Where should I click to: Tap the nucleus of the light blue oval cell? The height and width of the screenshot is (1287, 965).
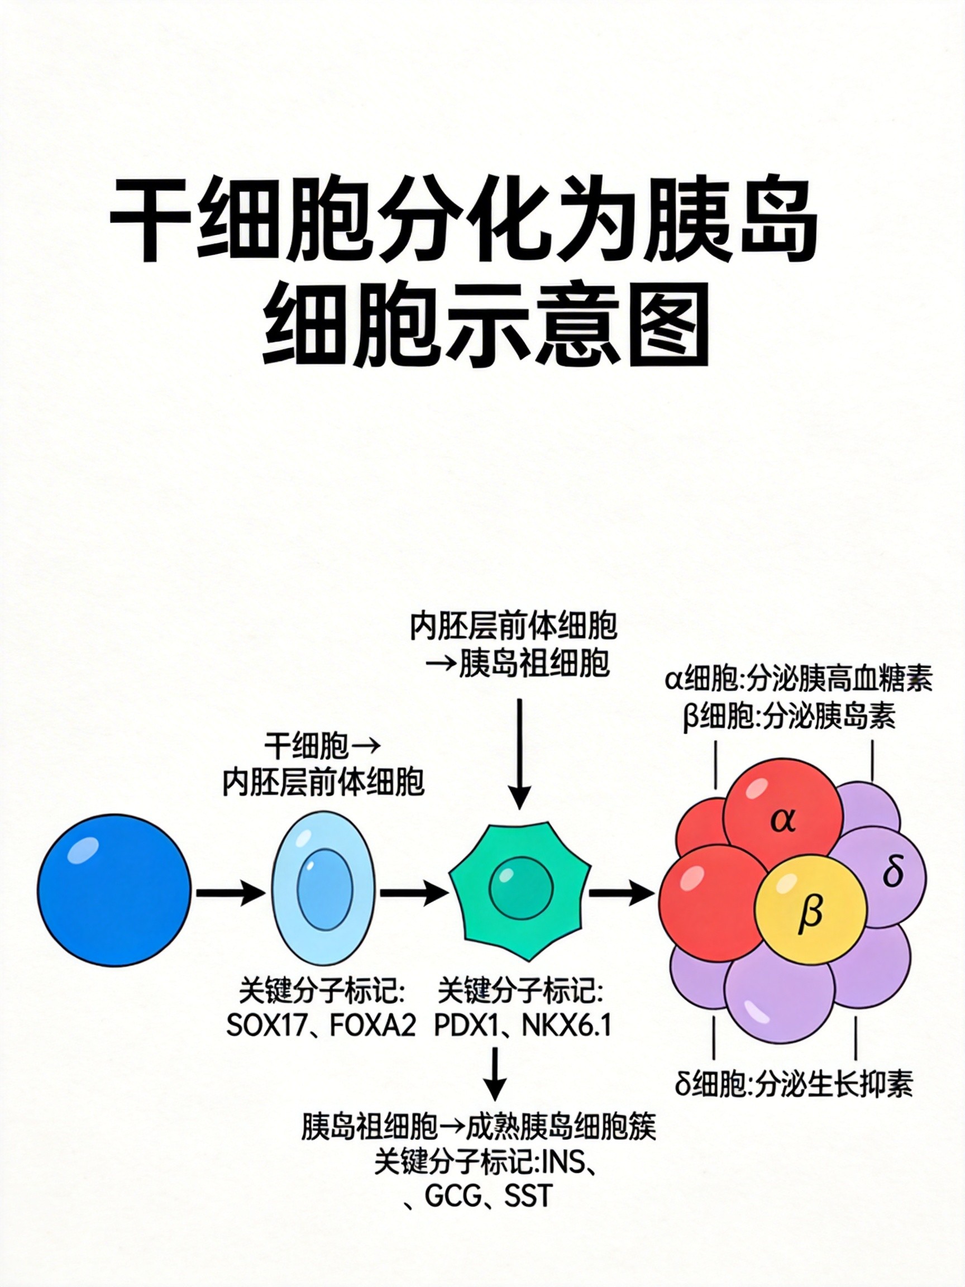click(x=324, y=890)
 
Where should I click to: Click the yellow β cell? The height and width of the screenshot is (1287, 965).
click(x=810, y=910)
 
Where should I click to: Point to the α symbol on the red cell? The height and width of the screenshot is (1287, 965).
click(x=783, y=820)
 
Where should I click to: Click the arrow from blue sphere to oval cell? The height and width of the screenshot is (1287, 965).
click(x=230, y=892)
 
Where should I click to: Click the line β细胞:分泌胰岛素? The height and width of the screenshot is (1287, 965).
click(x=789, y=717)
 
